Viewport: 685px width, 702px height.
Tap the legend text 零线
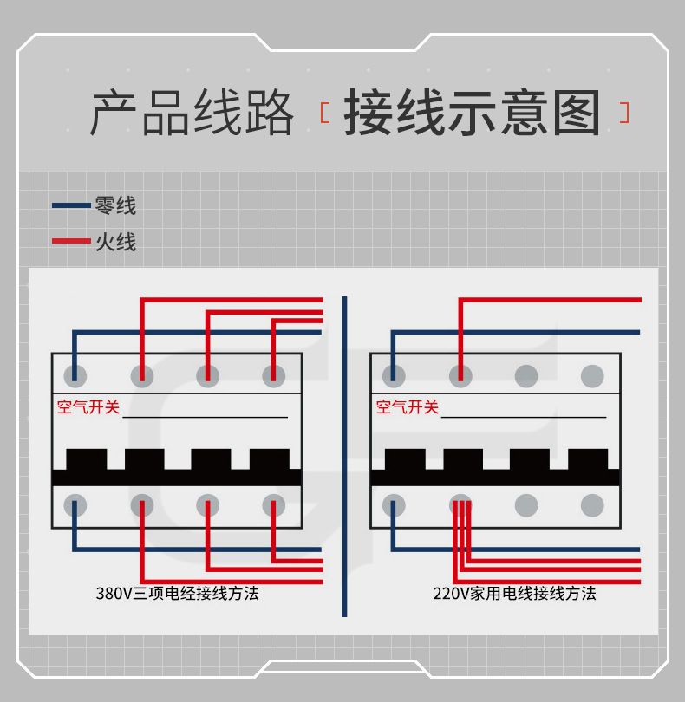116,206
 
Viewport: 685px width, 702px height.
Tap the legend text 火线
116,241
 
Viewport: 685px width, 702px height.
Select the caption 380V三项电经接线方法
177,594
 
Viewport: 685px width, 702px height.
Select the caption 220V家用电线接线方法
514,594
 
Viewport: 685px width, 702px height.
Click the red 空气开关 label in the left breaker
88,406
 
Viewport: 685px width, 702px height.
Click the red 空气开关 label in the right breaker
408,406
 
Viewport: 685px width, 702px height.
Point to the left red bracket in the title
324,114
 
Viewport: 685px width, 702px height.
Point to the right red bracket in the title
624,114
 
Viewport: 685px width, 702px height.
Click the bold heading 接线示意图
473,114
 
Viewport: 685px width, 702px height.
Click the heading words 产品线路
192,114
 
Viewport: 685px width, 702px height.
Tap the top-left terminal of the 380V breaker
75,375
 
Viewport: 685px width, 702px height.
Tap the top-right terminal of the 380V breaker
273,375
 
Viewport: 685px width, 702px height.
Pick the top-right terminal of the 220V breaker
592,375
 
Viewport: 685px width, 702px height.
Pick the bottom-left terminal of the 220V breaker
394,505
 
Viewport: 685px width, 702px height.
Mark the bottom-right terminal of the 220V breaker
592,505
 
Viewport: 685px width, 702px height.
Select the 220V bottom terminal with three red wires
460,505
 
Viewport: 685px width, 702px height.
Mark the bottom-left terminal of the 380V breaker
75,505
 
